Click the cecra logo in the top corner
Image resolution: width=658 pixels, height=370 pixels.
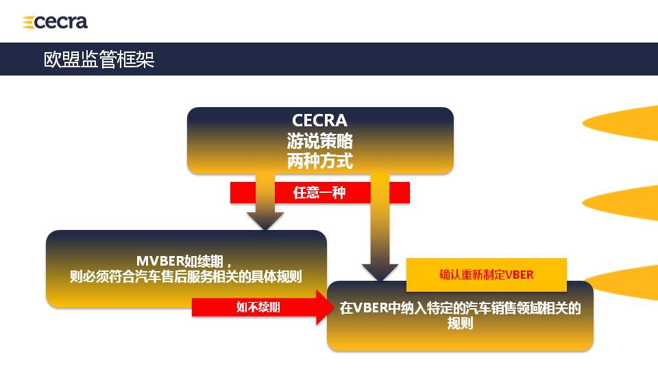point(56,22)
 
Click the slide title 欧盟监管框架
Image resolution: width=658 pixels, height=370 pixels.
point(99,59)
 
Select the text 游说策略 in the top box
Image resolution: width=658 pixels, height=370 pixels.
point(319,142)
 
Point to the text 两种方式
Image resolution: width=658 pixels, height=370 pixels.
point(319,162)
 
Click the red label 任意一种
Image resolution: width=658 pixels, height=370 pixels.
point(319,193)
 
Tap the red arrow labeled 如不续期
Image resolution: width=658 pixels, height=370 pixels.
point(258,308)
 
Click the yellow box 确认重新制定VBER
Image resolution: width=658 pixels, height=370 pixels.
point(486,275)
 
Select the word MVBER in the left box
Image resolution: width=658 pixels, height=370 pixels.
point(160,262)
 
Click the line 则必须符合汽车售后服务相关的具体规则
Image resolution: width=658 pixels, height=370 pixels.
point(186,277)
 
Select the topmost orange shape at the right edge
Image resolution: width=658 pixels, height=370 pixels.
point(624,122)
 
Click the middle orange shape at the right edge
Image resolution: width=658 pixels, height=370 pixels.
point(624,200)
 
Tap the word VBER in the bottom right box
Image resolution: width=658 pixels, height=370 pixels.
point(370,308)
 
